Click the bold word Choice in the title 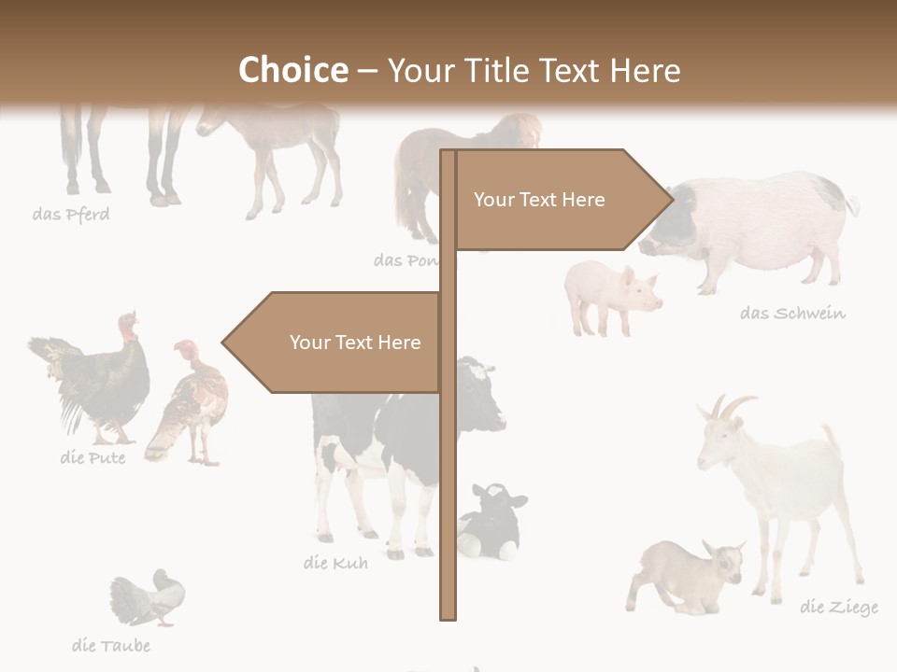pos(292,70)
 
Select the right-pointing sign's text pos(539,200)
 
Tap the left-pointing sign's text pos(355,343)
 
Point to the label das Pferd pos(71,215)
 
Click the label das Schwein pos(792,313)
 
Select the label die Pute pos(93,457)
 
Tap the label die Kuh pos(335,563)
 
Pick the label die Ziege pos(838,608)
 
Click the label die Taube pos(111,645)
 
